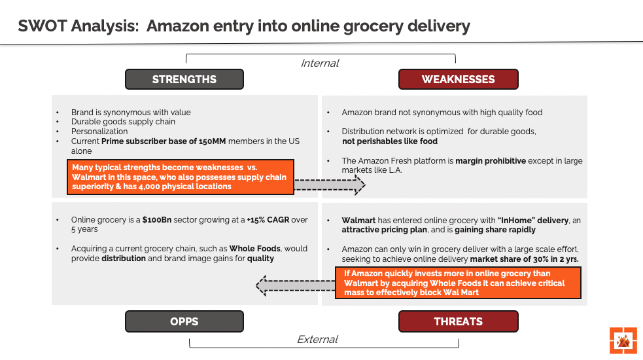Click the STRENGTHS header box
coord(184,79)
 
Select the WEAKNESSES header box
coord(458,79)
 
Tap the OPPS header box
coord(184,321)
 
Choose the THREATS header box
coord(458,321)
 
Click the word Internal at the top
coord(319,63)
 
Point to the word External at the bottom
coord(317,340)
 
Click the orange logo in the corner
coord(623,340)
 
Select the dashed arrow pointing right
coord(329,185)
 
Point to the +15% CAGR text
coord(267,220)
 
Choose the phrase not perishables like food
coord(390,141)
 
